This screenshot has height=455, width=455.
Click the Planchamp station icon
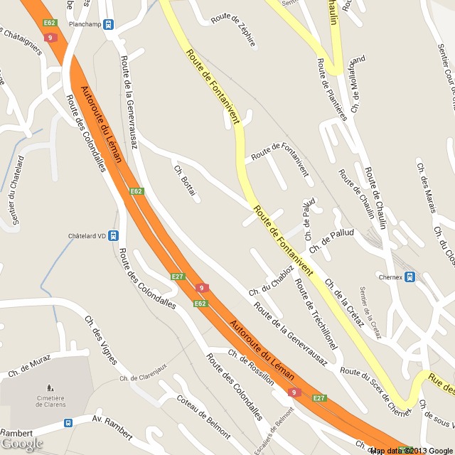(x=108, y=24)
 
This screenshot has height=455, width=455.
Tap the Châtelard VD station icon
(x=113, y=236)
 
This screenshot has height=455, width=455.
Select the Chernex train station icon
(x=409, y=277)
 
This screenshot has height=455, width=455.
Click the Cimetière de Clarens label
(x=47, y=400)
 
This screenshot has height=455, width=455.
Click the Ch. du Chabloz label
(x=271, y=281)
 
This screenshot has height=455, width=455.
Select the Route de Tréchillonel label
(x=316, y=314)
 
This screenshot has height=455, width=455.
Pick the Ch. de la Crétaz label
(x=344, y=303)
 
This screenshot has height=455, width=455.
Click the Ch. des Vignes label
(x=100, y=340)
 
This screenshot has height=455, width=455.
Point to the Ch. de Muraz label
(x=30, y=365)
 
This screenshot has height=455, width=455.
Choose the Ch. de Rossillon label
(x=251, y=367)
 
